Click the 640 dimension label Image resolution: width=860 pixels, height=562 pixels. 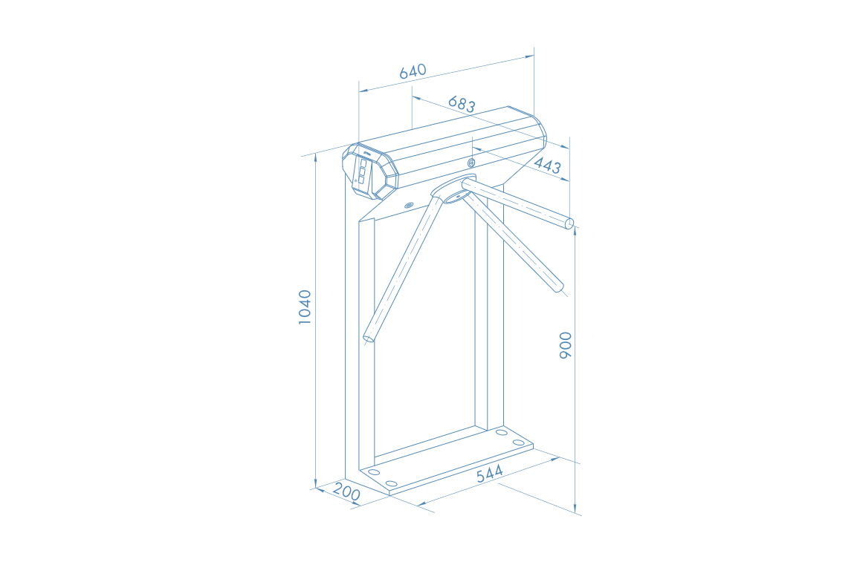[x=413, y=71]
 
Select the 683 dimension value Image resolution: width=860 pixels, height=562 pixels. [x=462, y=104]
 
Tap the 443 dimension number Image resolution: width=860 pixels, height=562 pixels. [x=547, y=165]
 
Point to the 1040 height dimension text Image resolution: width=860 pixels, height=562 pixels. [x=305, y=307]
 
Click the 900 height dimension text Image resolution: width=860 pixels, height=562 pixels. [x=565, y=345]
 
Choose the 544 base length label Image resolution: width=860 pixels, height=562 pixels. [x=489, y=474]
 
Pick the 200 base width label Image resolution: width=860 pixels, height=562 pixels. [x=346, y=493]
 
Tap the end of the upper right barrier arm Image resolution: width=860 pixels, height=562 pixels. [x=569, y=223]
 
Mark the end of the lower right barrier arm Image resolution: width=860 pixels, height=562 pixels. [x=559, y=287]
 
